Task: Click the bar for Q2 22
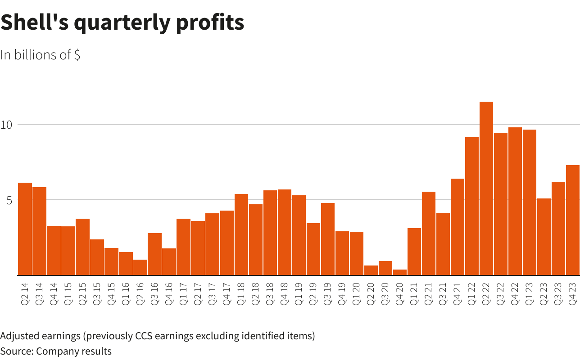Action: (x=486, y=189)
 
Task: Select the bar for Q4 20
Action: (x=400, y=272)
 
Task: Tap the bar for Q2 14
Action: (x=25, y=229)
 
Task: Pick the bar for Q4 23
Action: (x=573, y=220)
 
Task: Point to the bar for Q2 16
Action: (x=140, y=267)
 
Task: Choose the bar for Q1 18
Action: (x=241, y=234)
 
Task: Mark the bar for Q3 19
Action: (x=328, y=239)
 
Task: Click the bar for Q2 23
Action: (x=544, y=237)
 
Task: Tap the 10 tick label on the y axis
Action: (x=6, y=125)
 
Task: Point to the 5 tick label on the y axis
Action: (x=9, y=200)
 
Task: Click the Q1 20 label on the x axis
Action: (x=357, y=294)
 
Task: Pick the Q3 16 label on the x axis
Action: (x=155, y=294)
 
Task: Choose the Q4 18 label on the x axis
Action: (x=285, y=294)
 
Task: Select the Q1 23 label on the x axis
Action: (x=530, y=294)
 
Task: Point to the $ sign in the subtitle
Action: (x=77, y=54)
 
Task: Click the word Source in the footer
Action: (x=16, y=351)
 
